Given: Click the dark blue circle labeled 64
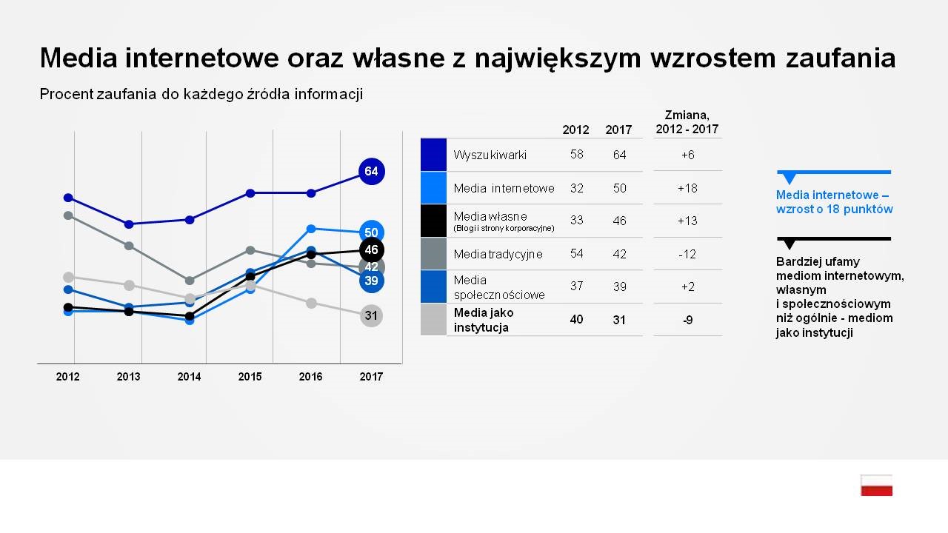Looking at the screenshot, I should click(371, 172).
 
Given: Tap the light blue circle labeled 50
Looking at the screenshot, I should click(371, 232).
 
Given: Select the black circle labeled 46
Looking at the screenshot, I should click(371, 250).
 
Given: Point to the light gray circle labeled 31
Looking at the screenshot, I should click(371, 316).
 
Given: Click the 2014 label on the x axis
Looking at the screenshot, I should click(189, 377).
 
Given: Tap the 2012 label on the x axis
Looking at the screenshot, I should click(67, 377).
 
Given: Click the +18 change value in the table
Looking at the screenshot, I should click(687, 188).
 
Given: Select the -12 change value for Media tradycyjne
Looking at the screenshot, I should click(687, 254).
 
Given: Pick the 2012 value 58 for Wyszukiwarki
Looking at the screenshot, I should click(576, 154).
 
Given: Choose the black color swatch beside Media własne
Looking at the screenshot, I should click(433, 221).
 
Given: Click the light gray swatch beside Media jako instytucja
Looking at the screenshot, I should click(433, 320).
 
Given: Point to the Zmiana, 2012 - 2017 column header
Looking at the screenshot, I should click(687, 122).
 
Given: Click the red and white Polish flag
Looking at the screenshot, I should click(876, 485).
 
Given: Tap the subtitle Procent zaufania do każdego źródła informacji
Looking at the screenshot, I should click(201, 94).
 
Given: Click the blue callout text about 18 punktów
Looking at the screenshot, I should click(834, 202).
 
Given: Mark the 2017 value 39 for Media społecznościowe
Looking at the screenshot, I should click(618, 286).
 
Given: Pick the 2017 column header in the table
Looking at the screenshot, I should click(618, 130).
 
